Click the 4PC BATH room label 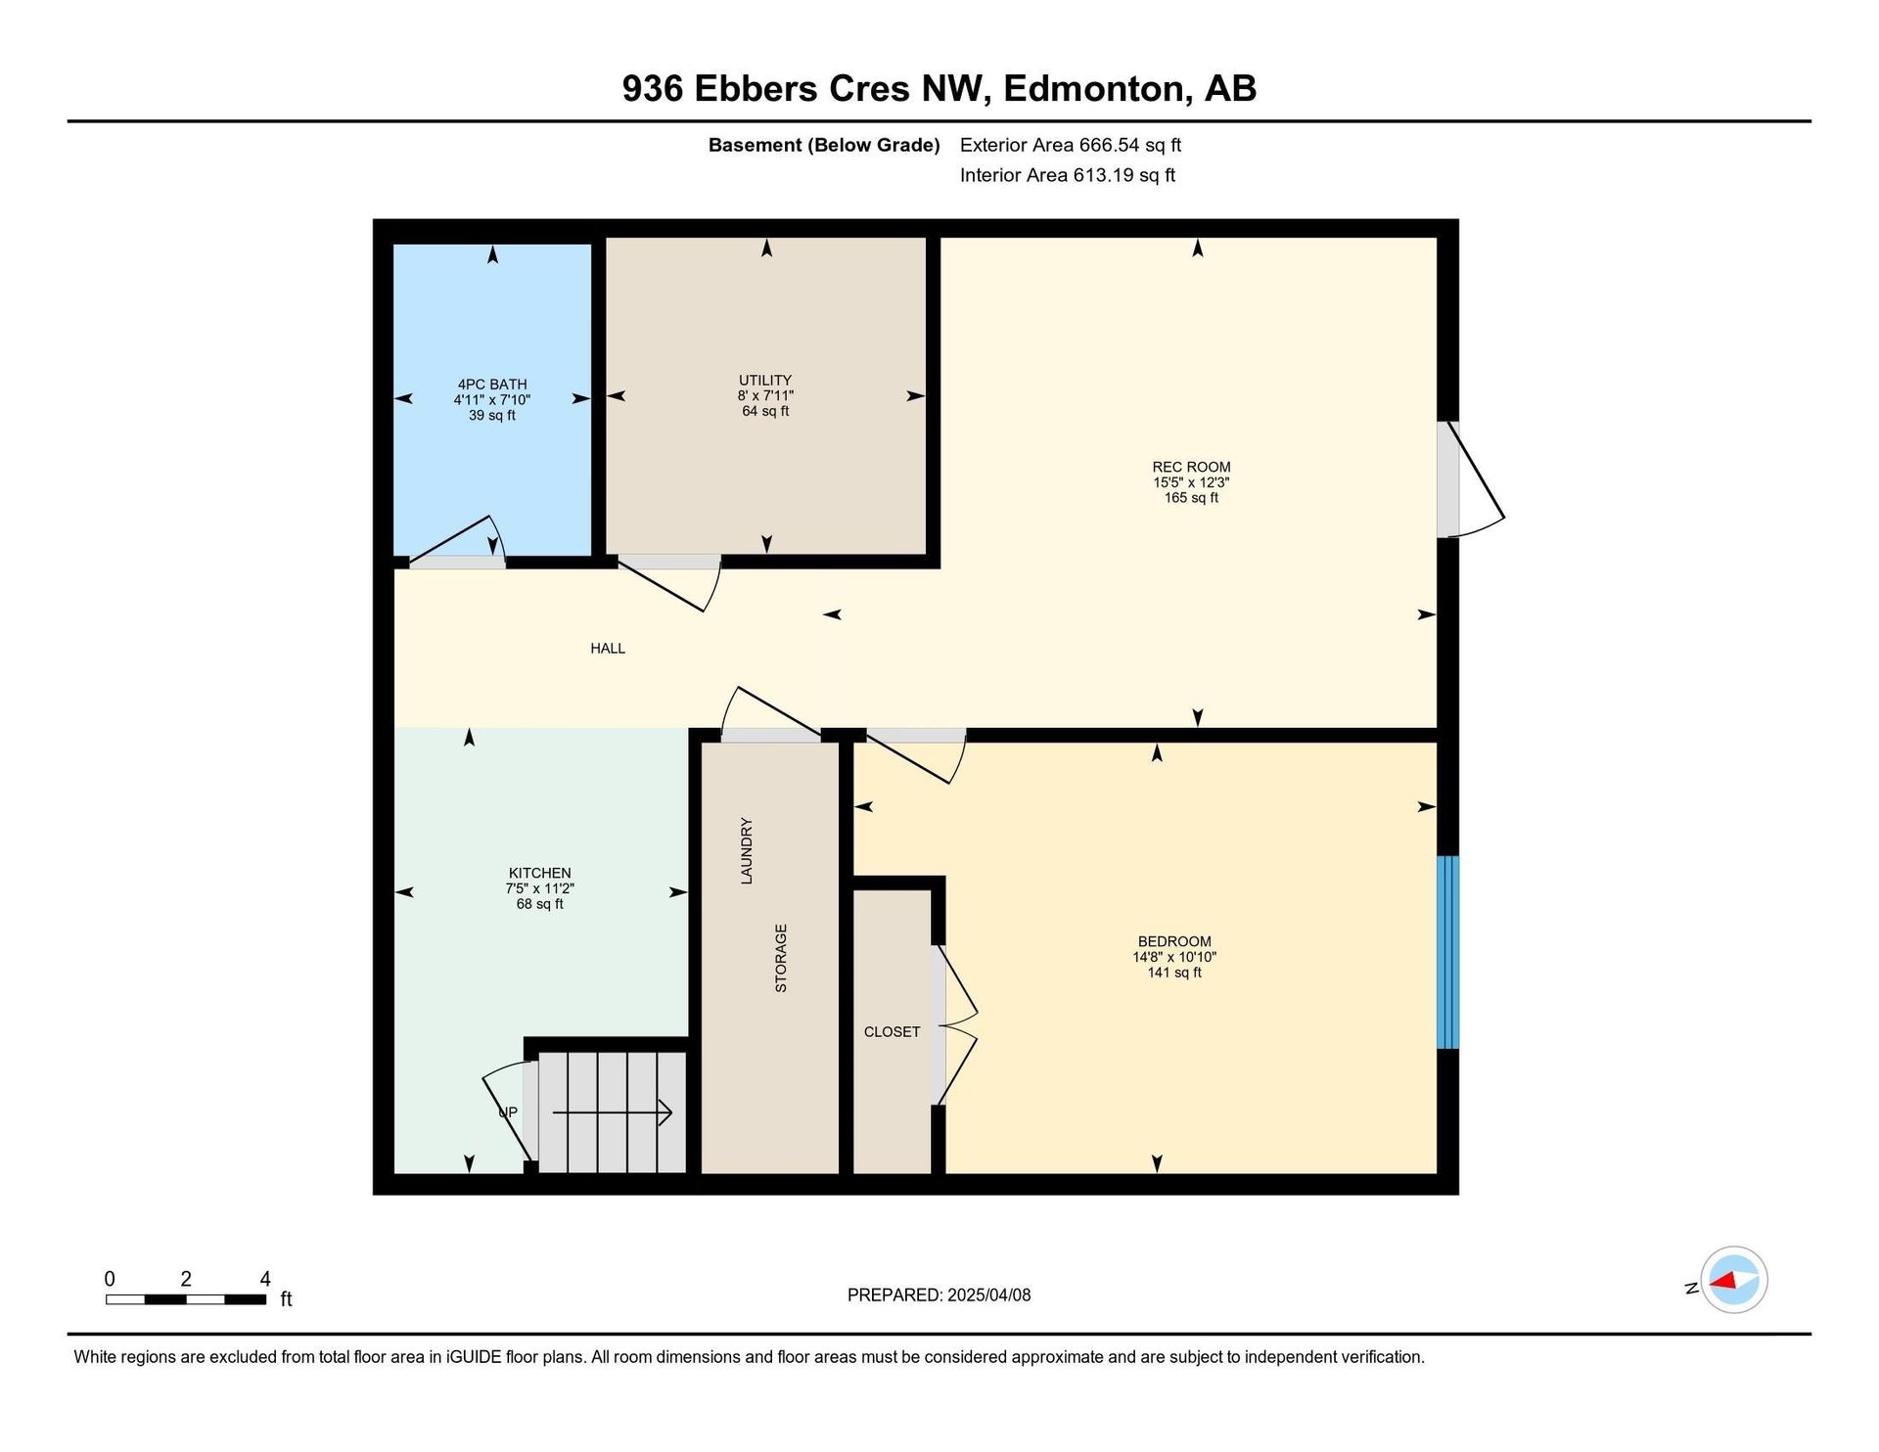[492, 385]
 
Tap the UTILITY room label [765, 381]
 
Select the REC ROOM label [1191, 467]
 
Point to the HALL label [608, 648]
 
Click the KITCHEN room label [540, 873]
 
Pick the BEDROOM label [1174, 941]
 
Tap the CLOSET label [892, 1031]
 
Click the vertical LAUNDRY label [747, 851]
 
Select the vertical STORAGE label [781, 958]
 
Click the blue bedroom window [1447, 952]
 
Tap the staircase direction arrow [613, 1112]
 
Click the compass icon [1733, 1280]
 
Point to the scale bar [186, 1299]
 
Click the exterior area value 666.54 [1109, 145]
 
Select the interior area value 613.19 [1103, 175]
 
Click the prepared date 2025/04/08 [988, 1294]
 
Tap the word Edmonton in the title [1093, 88]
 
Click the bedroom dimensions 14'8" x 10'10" [1174, 957]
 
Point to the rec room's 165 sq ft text [1191, 497]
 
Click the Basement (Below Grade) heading [824, 145]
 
